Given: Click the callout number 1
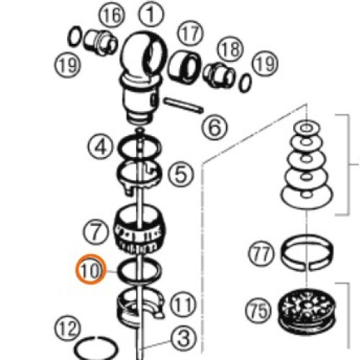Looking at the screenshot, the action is [x=151, y=14].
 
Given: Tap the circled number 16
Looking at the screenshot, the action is [x=112, y=17].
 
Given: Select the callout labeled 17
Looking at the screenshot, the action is [x=190, y=34].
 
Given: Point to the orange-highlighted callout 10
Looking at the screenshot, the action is [x=91, y=269].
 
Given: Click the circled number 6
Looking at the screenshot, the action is [x=215, y=127].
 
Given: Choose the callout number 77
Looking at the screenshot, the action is [x=261, y=253].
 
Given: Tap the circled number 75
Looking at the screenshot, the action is [x=258, y=311].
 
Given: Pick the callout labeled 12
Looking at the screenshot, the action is [x=68, y=328].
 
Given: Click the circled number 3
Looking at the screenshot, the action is [x=184, y=338].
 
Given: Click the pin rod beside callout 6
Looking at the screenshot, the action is [x=184, y=105].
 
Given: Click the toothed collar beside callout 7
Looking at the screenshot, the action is [x=139, y=229].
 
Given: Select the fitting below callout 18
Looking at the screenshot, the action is [x=219, y=75].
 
